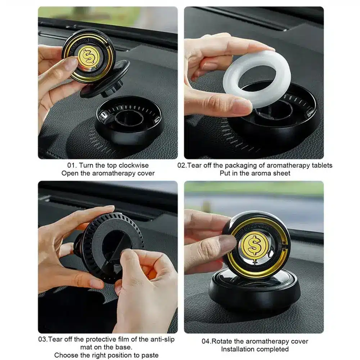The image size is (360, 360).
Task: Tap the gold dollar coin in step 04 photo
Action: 255,244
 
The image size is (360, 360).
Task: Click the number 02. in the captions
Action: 182,165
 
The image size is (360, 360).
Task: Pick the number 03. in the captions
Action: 43,339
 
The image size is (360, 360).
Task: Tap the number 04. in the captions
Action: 206,341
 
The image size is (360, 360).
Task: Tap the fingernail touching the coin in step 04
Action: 227,243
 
